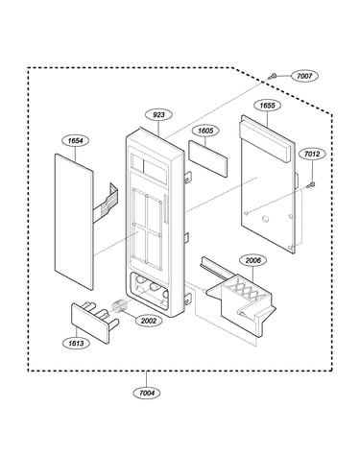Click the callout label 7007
[304, 76]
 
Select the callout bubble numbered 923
[158, 115]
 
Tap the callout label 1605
[205, 131]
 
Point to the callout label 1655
[267, 106]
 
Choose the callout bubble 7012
[312, 155]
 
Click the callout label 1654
[76, 141]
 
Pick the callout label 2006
[253, 260]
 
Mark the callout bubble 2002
[149, 321]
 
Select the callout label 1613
[76, 344]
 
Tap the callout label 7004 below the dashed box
[147, 393]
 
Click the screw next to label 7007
[273, 76]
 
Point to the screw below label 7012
[311, 184]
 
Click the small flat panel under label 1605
[208, 158]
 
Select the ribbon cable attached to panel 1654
[106, 203]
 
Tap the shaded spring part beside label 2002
[119, 305]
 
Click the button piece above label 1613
[95, 322]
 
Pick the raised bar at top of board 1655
[266, 141]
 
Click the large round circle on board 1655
[265, 219]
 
